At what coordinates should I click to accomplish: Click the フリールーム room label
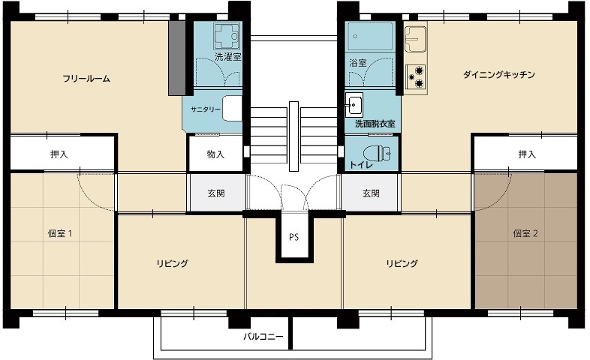tap(86, 79)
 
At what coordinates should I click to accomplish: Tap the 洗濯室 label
tap(227, 57)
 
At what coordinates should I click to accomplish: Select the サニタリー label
tap(206, 109)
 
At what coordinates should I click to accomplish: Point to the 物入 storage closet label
tap(215, 154)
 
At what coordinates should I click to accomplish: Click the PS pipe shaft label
tap(293, 237)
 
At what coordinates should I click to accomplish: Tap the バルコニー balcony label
tap(263, 336)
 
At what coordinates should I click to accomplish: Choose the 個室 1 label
tap(60, 233)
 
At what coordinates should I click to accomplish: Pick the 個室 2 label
tap(525, 233)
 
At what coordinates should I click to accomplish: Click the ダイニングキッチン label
tap(499, 74)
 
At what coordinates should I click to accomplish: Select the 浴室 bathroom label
tap(358, 63)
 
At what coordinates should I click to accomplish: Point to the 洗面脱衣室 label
tap(375, 123)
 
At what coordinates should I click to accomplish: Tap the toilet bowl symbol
tap(377, 153)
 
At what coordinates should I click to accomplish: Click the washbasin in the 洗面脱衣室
tap(354, 105)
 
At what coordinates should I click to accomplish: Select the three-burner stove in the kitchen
tap(416, 76)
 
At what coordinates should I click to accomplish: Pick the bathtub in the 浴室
tap(369, 37)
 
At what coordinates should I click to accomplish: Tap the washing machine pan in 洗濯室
tap(227, 37)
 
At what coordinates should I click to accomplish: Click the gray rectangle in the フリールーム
tap(177, 58)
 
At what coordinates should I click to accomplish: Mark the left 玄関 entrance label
tap(216, 193)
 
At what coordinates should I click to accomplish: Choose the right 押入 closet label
tap(527, 154)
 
